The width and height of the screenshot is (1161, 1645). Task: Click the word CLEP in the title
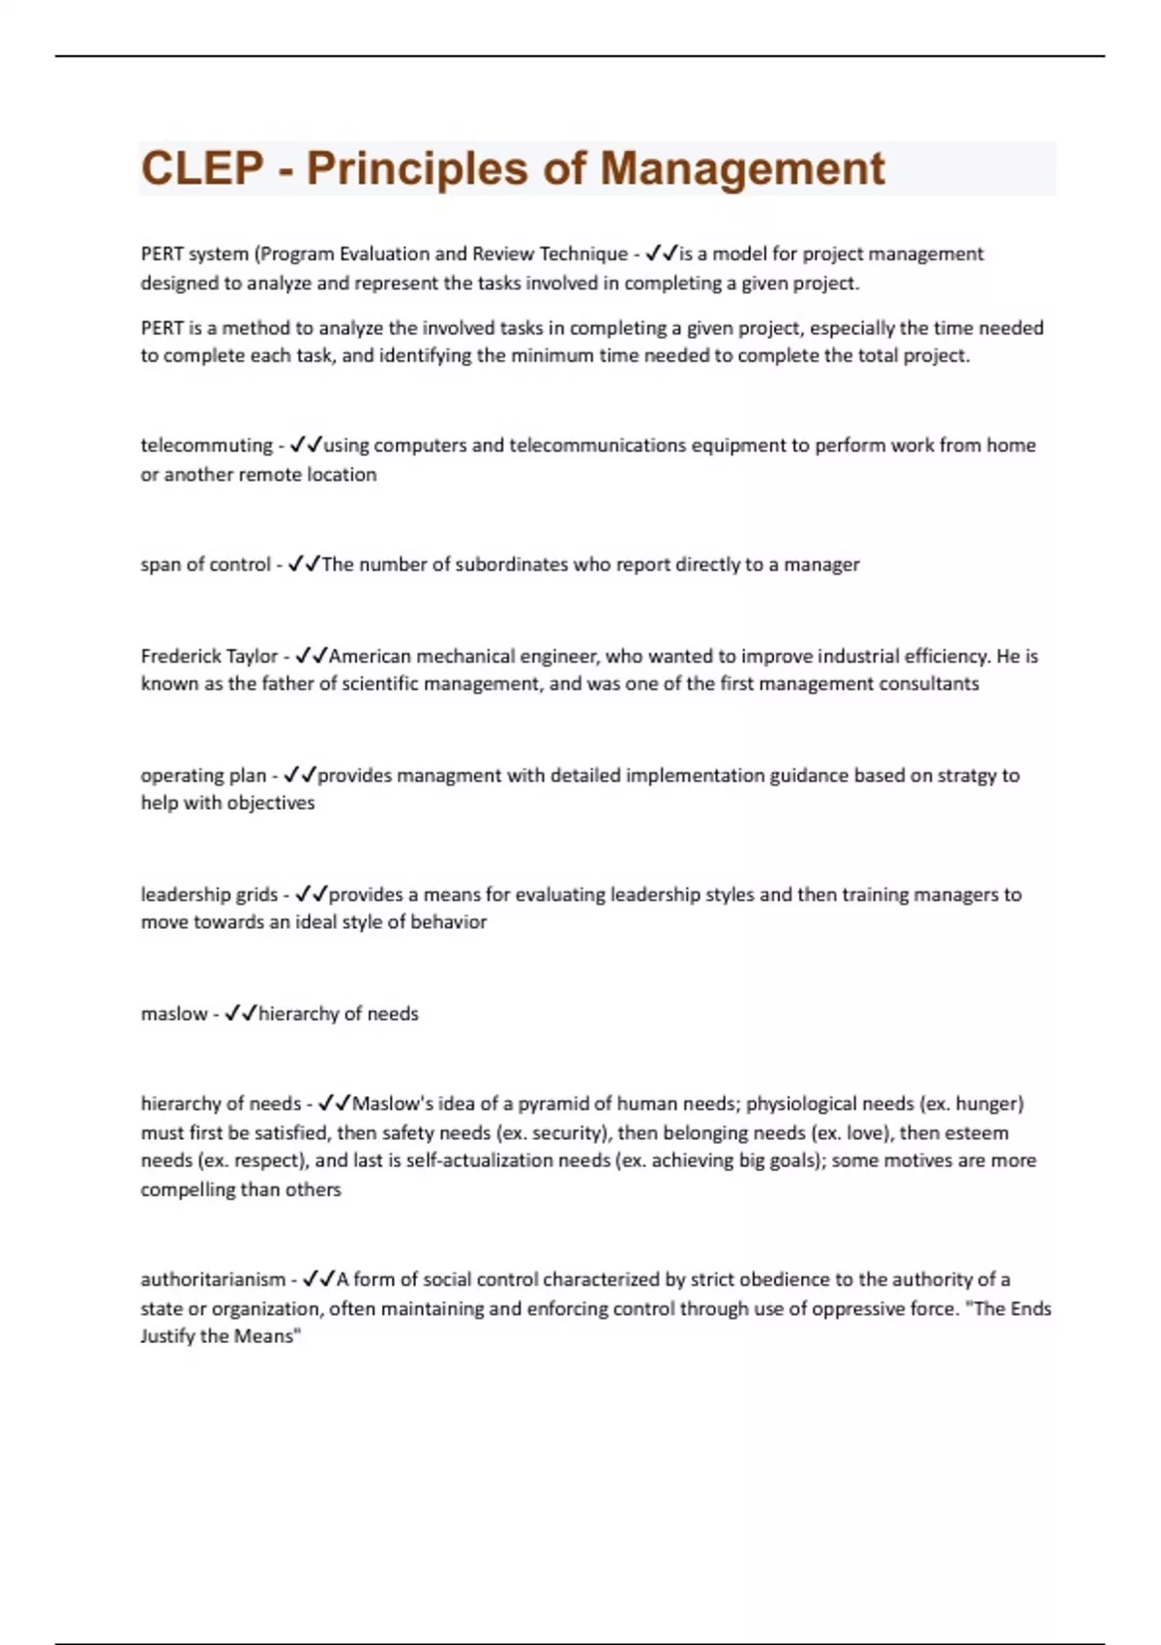[202, 168]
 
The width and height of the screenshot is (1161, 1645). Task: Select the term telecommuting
[206, 445]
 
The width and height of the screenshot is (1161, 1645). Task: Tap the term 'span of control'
[205, 564]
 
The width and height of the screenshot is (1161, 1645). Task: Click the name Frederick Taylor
[209, 656]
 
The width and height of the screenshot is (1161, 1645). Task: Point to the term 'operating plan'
[203, 775]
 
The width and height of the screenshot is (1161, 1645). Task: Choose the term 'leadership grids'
[209, 894]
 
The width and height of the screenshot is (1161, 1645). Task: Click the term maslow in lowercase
[174, 1013]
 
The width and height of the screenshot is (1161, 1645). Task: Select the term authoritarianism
[213, 1279]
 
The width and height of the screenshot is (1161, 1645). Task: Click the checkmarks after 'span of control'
[304, 564]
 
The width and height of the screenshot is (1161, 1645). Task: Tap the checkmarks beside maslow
[241, 1013]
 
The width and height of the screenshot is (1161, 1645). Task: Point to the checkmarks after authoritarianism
[318, 1279]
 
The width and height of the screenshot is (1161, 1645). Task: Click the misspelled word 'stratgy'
[966, 775]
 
